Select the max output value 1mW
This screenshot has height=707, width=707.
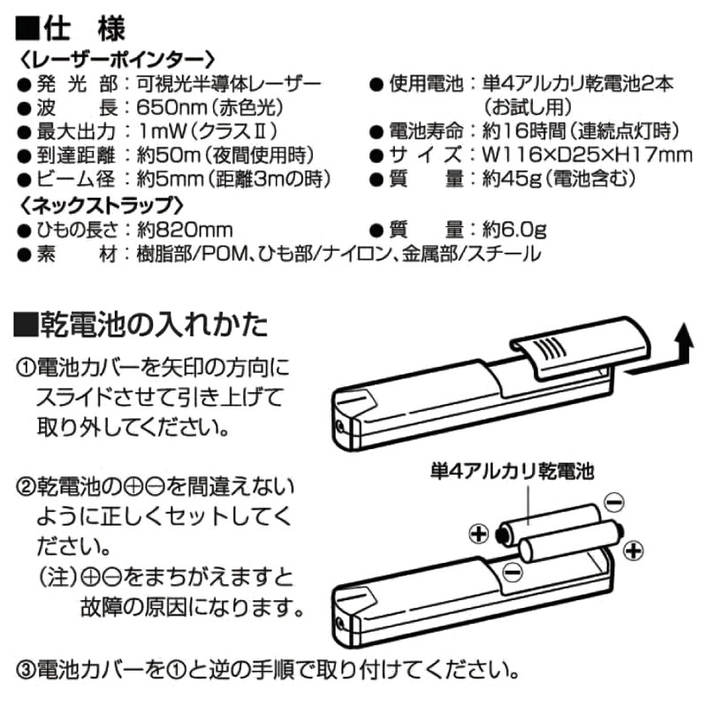(x=162, y=131)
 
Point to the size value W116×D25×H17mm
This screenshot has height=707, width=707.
(x=587, y=155)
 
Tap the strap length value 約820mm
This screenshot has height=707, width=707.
(x=185, y=230)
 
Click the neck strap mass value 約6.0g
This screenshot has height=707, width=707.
(x=514, y=230)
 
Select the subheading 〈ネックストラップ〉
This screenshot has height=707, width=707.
(x=103, y=205)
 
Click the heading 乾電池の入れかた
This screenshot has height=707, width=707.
(x=154, y=324)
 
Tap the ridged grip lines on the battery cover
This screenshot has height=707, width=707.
(x=550, y=348)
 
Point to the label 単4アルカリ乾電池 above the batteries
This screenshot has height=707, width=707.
(x=513, y=472)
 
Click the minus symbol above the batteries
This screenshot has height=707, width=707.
(x=613, y=502)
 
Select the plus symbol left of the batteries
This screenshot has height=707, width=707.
(x=479, y=535)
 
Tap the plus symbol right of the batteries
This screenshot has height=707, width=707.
(x=634, y=551)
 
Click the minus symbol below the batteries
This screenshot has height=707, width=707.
(x=513, y=572)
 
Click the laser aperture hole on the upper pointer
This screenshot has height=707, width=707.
(x=340, y=426)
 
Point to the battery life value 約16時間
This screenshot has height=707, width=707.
(x=524, y=131)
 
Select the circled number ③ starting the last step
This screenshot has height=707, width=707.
(x=27, y=671)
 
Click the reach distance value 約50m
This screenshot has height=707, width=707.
(x=168, y=156)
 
